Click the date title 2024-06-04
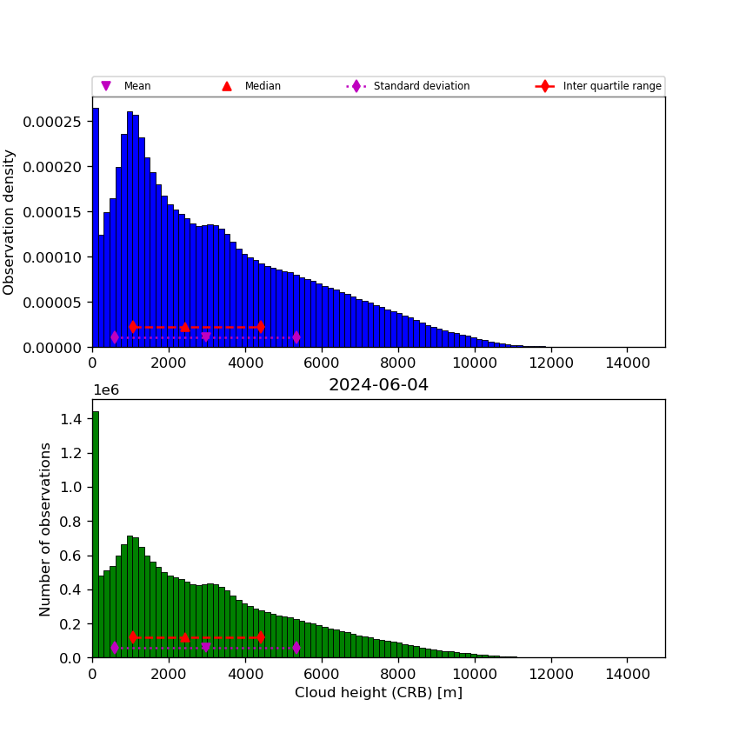pos(378,385)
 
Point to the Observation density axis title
pos(10,222)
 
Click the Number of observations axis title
pos(45,529)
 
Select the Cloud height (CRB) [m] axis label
pos(378,693)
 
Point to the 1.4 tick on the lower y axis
pos(71,419)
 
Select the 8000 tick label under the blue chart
pos(398,363)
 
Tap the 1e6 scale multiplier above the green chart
pos(106,390)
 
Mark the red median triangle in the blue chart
pos(184,327)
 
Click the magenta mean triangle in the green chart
pos(205,647)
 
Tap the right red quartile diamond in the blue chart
pos(261,327)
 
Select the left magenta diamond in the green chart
pos(114,648)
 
